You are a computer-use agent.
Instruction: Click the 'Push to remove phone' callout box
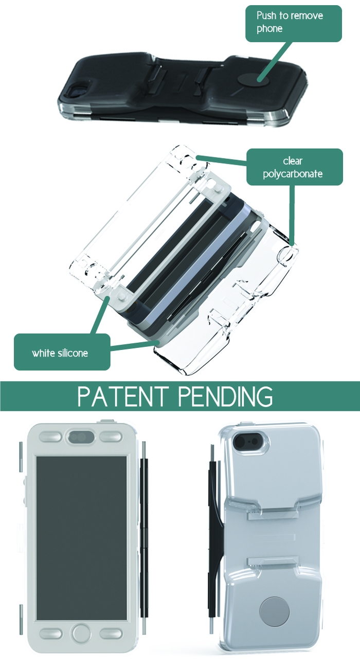[294, 24]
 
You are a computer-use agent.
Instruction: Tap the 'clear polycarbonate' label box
[295, 167]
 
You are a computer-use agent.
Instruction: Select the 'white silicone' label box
[62, 352]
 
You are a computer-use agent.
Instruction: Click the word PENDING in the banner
[226, 396]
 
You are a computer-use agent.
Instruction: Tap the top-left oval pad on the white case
[50, 437]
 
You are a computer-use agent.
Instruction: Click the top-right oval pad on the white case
[111, 437]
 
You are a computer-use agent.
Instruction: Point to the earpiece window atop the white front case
[81, 437]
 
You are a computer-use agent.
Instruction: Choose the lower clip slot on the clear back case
[271, 560]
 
